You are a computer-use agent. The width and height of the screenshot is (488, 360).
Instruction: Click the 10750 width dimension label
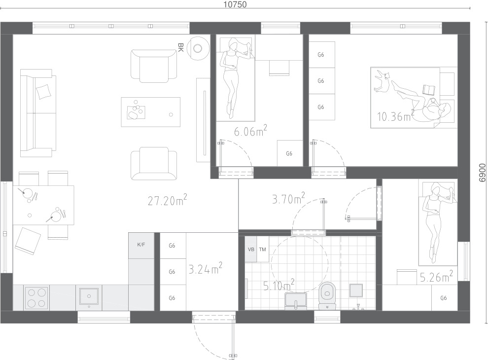(x=235, y=4)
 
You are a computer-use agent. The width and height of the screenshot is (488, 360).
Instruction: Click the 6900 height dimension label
(x=482, y=173)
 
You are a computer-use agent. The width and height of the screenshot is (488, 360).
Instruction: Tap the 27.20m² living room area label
(x=168, y=200)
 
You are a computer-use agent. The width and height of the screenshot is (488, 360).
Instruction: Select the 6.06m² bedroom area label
(x=250, y=131)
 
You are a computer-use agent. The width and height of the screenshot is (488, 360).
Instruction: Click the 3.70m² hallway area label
(x=288, y=198)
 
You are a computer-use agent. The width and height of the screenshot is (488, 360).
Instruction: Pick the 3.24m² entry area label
(x=206, y=268)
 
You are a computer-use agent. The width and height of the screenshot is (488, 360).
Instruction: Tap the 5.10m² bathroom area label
(x=279, y=285)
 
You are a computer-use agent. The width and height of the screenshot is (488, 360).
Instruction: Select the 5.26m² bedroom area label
(x=436, y=276)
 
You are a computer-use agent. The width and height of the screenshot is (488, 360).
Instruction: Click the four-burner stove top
(x=37, y=298)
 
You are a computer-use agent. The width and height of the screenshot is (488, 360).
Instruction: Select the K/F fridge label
(x=141, y=245)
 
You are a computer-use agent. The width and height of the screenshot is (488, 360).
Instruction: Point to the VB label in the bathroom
(x=251, y=249)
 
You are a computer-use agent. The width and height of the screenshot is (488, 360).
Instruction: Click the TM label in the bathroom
(x=262, y=249)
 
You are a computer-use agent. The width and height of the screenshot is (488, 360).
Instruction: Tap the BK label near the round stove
(x=180, y=48)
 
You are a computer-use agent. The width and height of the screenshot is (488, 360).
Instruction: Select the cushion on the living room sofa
(x=43, y=92)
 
